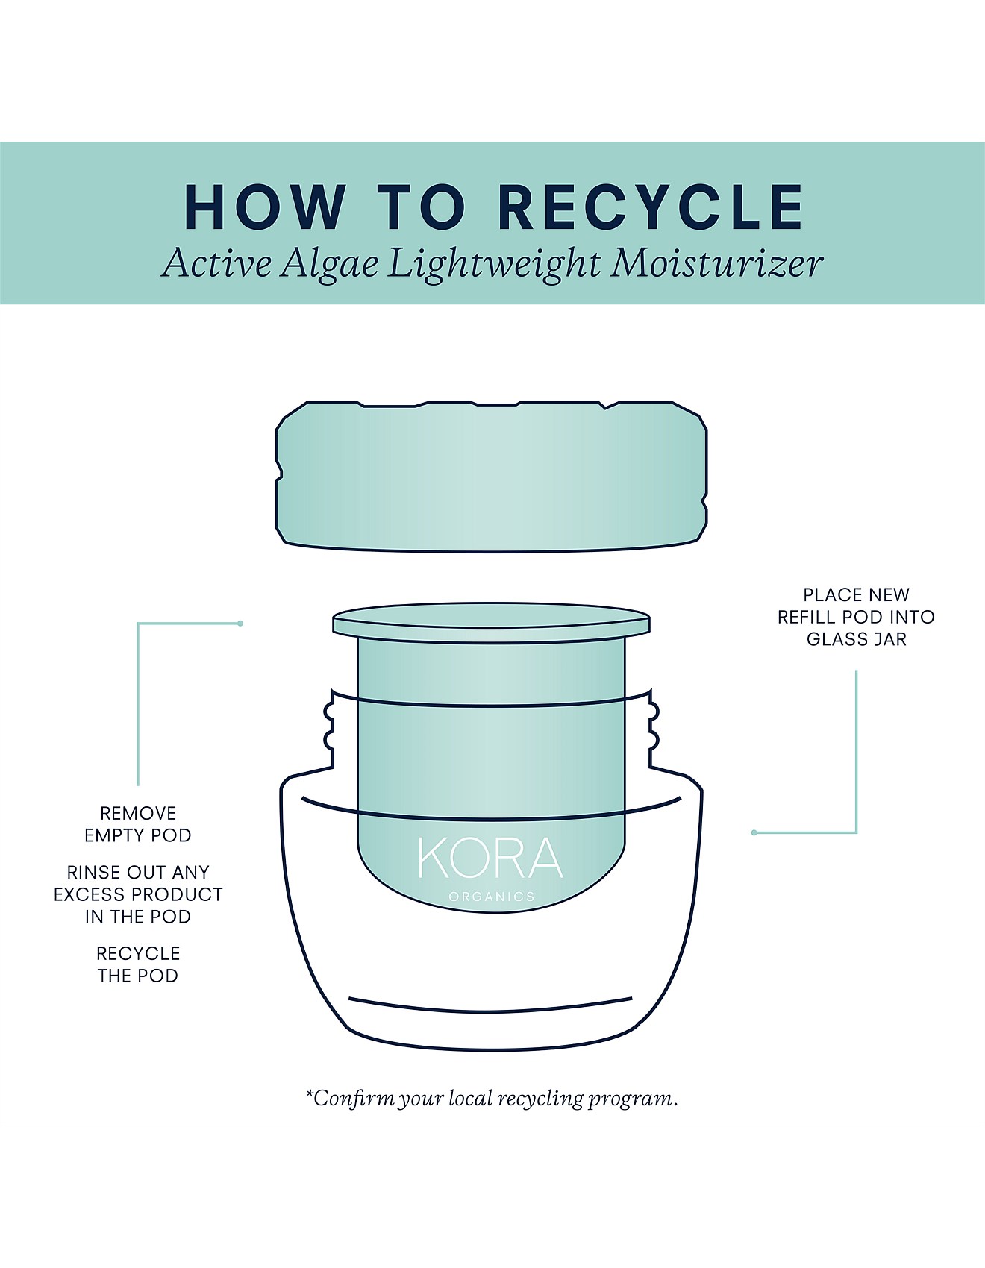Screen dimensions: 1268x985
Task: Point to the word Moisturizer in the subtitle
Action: pyautogui.click(x=716, y=263)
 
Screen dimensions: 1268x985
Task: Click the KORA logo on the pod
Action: pyautogui.click(x=490, y=859)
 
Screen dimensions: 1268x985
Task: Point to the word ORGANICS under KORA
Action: pyautogui.click(x=492, y=897)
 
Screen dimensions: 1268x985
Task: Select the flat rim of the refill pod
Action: pyautogui.click(x=491, y=621)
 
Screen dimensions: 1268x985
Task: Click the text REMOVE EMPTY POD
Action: pyautogui.click(x=138, y=824)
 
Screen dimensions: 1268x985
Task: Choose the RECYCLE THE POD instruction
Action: pyautogui.click(x=138, y=964)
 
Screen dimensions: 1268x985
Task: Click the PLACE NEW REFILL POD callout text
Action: pyautogui.click(x=856, y=606)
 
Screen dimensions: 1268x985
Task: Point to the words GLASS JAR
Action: pyautogui.click(x=856, y=639)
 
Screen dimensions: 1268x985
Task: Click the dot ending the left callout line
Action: pyautogui.click(x=240, y=624)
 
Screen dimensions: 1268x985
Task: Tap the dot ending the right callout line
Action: pyautogui.click(x=754, y=832)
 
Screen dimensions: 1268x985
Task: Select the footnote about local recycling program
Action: pyautogui.click(x=492, y=1099)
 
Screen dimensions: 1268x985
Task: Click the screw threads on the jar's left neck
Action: pyautogui.click(x=328, y=727)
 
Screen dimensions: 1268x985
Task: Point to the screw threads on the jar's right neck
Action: pyautogui.click(x=654, y=727)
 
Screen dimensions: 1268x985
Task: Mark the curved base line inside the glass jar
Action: pyautogui.click(x=490, y=1007)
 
